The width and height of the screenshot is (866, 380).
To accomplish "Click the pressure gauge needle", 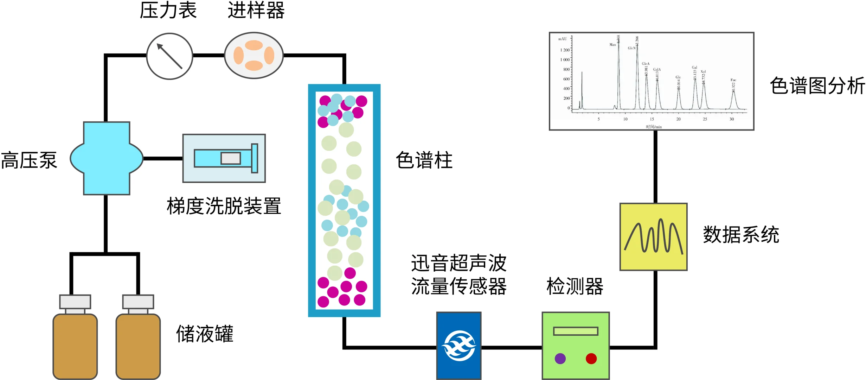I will point(169,56).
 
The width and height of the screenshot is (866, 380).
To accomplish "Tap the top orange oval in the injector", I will point(254,45).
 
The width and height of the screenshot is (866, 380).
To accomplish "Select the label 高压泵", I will point(29,160).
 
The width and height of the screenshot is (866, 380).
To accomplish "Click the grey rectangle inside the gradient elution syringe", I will point(231,158).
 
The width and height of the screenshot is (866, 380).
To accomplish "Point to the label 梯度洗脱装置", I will point(224,206).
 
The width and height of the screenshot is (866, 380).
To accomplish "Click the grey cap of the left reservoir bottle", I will point(75,302).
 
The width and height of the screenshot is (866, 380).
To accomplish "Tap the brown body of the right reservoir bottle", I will point(138,347).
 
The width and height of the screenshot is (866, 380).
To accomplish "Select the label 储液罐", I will point(205,334).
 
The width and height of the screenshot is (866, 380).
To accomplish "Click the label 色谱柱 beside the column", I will point(424,160).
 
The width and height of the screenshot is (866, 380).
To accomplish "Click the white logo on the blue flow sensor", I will point(459,346).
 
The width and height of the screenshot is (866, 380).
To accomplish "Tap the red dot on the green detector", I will point(591,359).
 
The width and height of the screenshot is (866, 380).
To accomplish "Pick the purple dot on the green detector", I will point(560,359).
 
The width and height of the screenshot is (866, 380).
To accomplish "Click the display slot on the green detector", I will point(576,331).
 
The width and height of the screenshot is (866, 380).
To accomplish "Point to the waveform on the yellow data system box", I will point(654,236).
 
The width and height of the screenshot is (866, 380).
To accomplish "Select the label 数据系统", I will point(741,235).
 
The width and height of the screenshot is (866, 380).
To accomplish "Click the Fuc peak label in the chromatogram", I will point(733,80).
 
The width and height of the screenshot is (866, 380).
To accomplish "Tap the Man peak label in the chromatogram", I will point(612,45).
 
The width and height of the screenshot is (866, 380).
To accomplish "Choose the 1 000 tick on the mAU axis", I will point(565,60).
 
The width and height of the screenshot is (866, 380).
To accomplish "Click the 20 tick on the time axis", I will point(678,119).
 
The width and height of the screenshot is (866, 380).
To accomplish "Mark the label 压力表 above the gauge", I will point(168,11).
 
